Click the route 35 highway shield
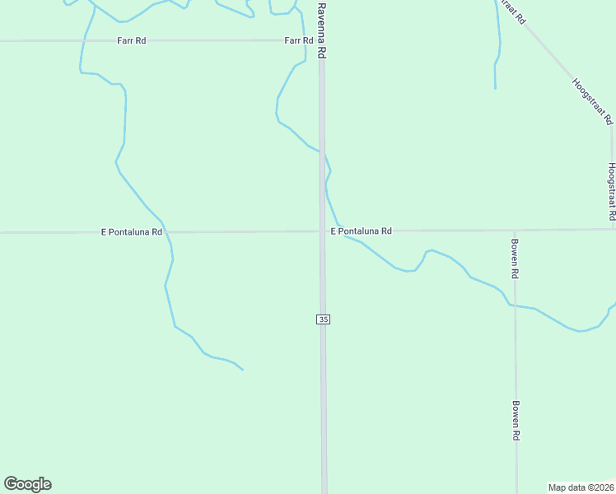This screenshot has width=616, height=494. pos(323,319)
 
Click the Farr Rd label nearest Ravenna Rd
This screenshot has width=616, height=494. pos(299,40)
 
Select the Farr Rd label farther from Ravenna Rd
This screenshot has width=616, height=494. pos(131,40)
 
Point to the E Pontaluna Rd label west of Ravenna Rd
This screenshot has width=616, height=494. pos(132,232)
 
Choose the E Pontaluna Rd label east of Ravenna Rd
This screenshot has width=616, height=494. pos(361,231)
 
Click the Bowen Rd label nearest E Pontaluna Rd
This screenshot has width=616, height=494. pos(515,258)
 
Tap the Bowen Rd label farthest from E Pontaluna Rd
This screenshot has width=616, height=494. pos(516,421)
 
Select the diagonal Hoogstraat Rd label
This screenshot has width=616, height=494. pos(593,101)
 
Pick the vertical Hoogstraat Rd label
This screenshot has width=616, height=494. pos(612,190)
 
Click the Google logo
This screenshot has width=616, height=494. pos(27,484)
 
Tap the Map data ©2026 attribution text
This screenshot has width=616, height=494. pos(581,487)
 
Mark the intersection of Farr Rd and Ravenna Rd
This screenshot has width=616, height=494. pos(323,40)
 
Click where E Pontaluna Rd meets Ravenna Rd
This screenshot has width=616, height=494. pos(323,231)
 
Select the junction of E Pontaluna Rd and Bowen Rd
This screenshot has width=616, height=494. pos(515,231)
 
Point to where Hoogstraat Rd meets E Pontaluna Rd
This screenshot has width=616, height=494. pos(612,230)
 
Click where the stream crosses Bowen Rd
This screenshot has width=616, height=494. pos(516,305)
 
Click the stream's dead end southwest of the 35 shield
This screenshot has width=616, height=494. pos(243,370)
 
